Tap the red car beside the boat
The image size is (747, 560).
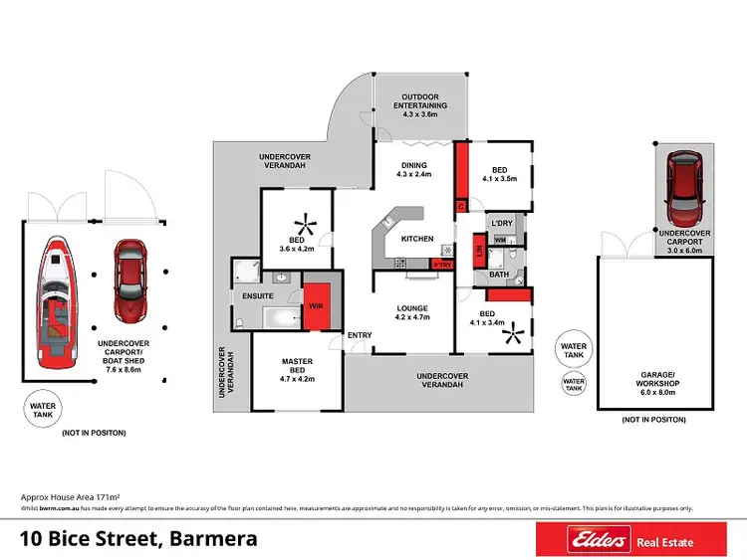tap(127, 280)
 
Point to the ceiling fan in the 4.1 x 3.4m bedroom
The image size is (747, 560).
tap(514, 336)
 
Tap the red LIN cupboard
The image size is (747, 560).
tap(479, 254)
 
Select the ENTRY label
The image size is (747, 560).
tap(359, 335)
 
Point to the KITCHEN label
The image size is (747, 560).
tap(417, 240)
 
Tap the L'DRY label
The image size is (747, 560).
tap(502, 223)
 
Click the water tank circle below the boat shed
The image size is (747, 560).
tap(44, 408)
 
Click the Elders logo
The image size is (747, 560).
tap(598, 540)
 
